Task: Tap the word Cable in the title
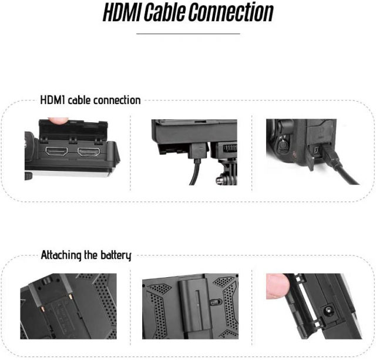[175, 13]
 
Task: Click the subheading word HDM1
[53, 100]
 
